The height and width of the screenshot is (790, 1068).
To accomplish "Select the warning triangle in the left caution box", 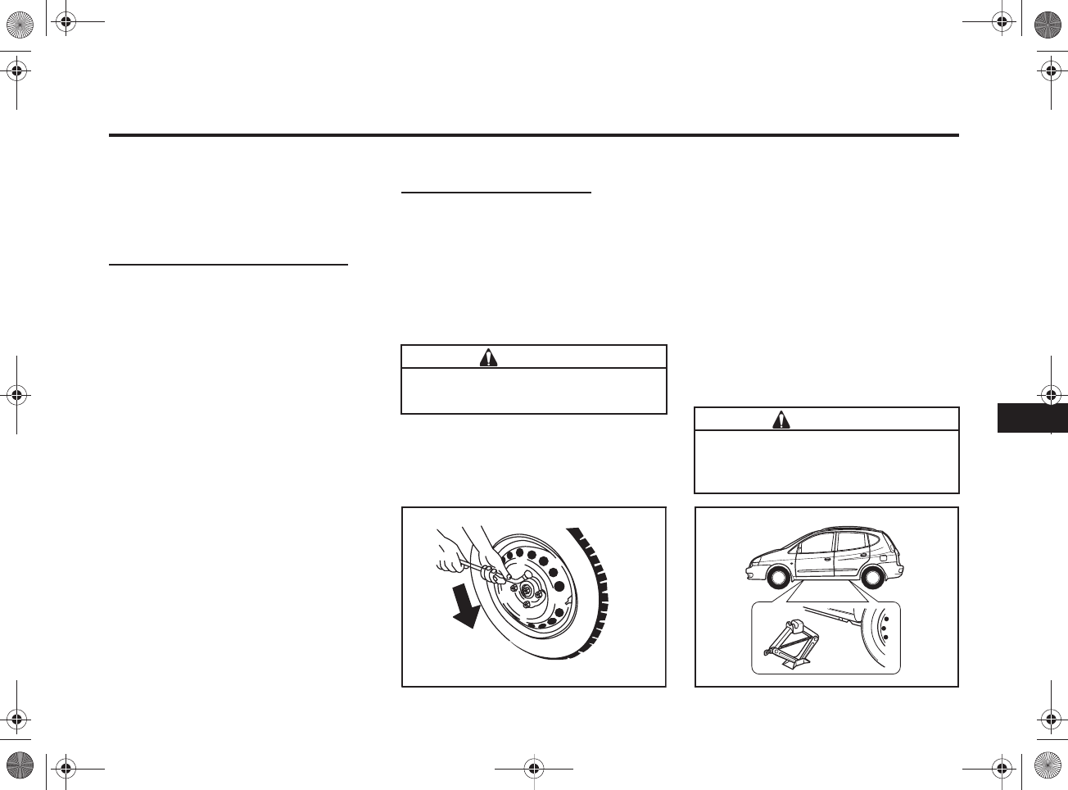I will pos(488,357).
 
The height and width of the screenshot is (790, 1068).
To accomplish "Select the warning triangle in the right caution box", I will pos(781,420).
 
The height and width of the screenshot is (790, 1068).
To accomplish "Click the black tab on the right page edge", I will pos(1032,418).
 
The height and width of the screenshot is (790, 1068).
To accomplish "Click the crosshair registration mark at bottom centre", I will pos(533,769).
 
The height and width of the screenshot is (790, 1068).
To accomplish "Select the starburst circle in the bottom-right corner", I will pos(1049,768).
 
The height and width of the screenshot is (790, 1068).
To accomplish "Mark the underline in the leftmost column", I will pos(229,265).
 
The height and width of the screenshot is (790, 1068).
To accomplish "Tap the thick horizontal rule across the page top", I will pos(533,135).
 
